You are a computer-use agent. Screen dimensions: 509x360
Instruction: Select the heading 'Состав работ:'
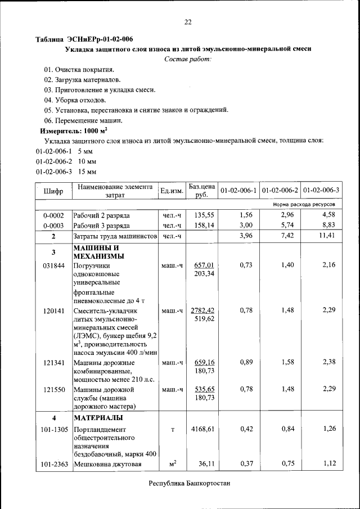188,59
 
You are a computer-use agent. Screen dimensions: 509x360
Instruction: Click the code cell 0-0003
53,226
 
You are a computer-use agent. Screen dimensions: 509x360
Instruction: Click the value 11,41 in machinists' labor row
327,236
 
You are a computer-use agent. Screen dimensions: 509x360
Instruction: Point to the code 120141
53,310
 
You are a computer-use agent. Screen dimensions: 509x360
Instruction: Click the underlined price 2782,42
202,310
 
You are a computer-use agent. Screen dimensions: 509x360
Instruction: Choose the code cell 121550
53,389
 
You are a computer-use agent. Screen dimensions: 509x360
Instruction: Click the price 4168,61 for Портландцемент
202,429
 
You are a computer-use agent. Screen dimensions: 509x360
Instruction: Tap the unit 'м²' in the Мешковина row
173,464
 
